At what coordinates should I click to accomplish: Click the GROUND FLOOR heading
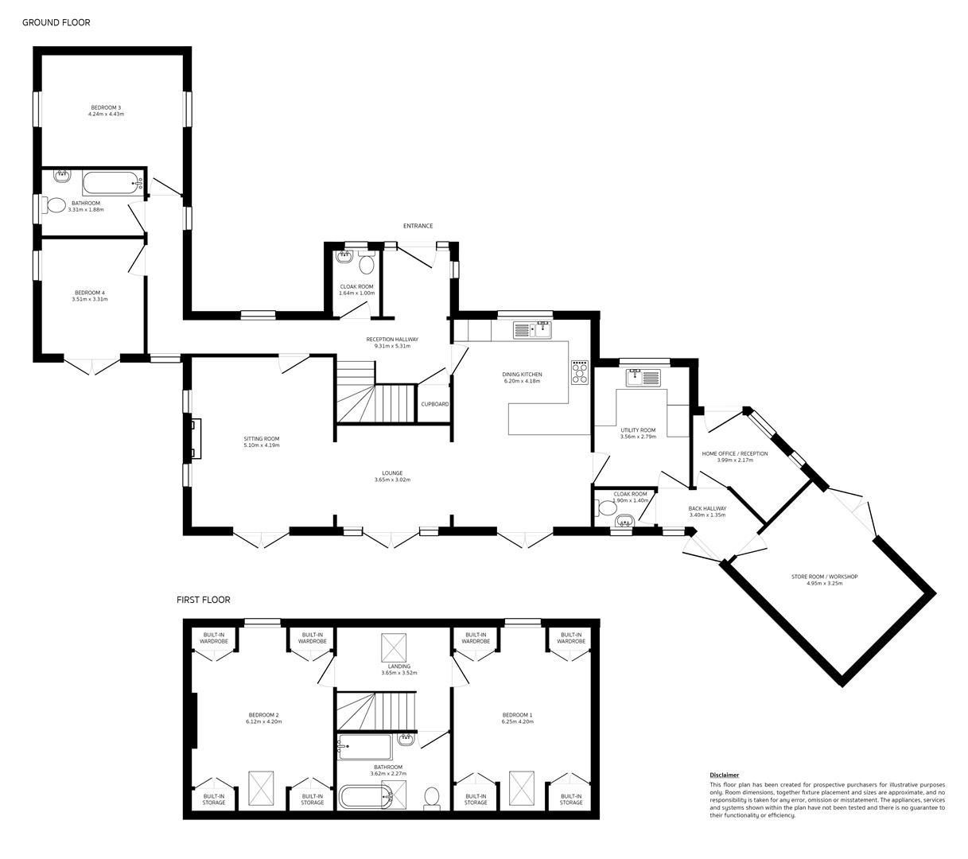click(56, 22)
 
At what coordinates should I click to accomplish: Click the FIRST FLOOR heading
click(203, 600)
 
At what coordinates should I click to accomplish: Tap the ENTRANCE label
click(418, 226)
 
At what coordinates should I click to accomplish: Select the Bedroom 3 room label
click(106, 107)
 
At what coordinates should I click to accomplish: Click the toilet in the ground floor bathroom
click(55, 205)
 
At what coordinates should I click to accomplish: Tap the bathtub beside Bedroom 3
click(112, 183)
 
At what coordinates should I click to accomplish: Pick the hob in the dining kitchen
click(579, 372)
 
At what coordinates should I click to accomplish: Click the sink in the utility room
click(643, 377)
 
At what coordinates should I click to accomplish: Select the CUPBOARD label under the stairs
click(434, 404)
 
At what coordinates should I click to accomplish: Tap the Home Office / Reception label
click(734, 453)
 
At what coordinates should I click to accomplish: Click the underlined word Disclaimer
click(724, 775)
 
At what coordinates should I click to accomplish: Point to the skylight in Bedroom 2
click(261, 787)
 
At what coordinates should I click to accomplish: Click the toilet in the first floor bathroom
click(432, 796)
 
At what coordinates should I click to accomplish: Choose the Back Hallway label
click(707, 508)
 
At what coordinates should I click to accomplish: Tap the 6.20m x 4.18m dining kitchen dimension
click(522, 381)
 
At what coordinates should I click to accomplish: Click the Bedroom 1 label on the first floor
click(517, 714)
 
